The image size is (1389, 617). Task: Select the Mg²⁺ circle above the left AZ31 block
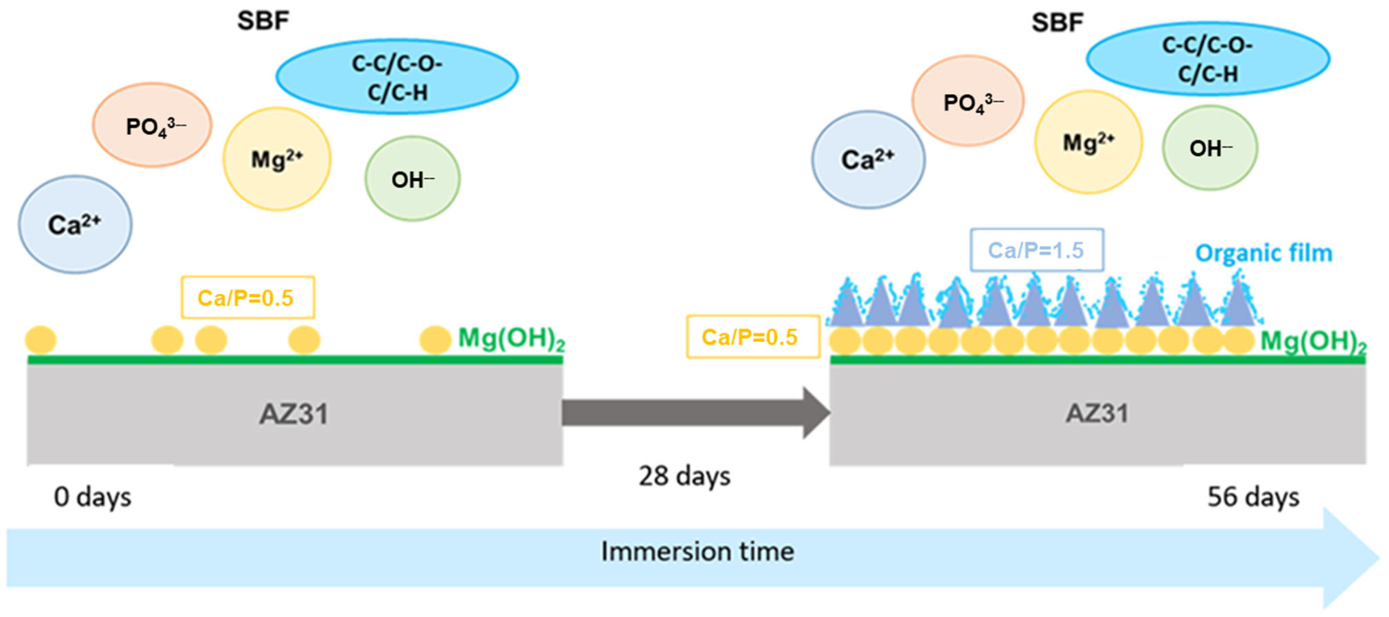click(277, 159)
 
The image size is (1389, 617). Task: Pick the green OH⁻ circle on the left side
click(413, 178)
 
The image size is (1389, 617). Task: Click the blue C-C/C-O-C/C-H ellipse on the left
click(398, 77)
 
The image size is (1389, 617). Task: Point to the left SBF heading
click(263, 21)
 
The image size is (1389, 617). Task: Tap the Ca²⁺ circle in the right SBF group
click(868, 160)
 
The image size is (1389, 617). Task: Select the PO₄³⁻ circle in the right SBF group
click(968, 101)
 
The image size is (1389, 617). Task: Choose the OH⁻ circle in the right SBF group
click(1210, 148)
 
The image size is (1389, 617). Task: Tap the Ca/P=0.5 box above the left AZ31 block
click(247, 298)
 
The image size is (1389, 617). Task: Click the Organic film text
click(1263, 253)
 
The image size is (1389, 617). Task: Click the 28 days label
click(684, 476)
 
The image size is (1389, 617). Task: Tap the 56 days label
click(1252, 497)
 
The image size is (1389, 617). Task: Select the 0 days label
click(92, 497)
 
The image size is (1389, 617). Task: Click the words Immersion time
click(697, 551)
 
